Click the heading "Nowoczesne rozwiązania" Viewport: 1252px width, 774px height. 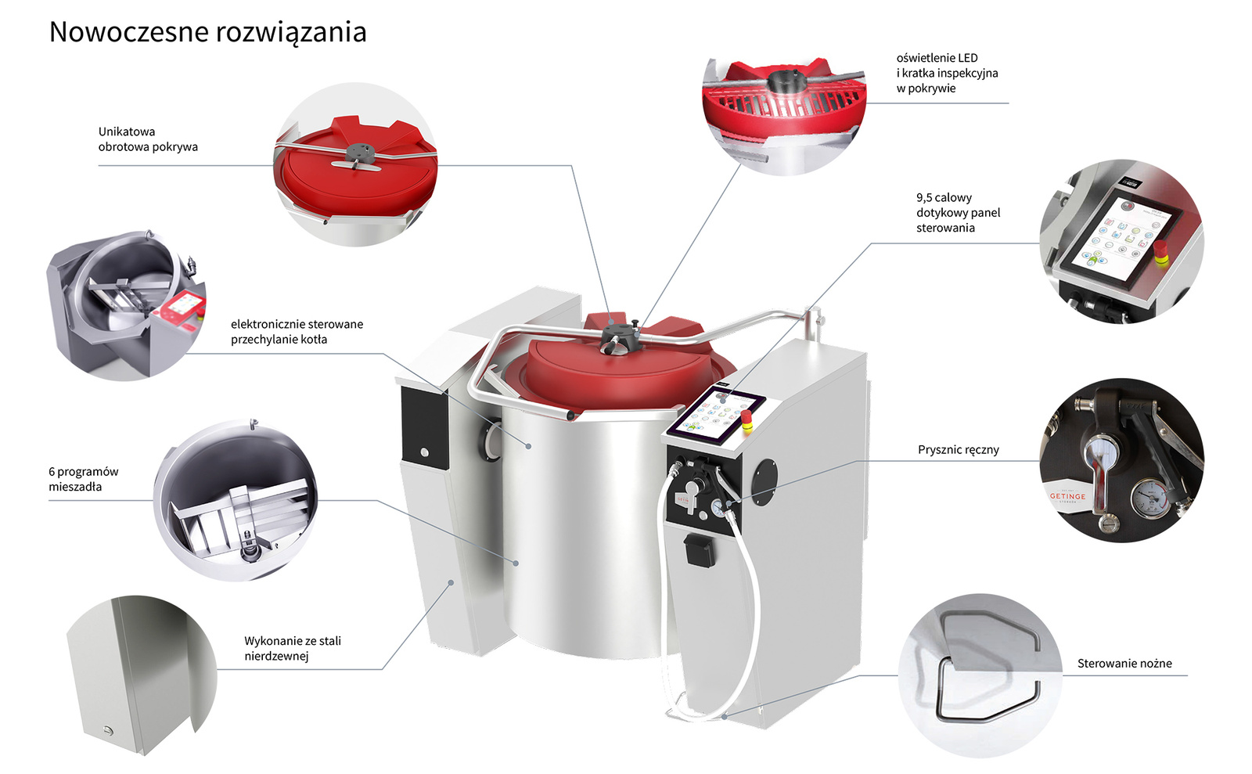coord(207,32)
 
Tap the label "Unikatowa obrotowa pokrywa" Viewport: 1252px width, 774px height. coord(148,139)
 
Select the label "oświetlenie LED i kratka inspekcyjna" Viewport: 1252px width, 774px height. coord(947,73)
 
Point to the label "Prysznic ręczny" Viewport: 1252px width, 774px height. coord(958,450)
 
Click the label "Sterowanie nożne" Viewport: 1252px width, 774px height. coord(1124,664)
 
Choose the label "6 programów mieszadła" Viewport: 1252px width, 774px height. coord(83,479)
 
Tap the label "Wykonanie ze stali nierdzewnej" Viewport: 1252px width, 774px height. coord(292,649)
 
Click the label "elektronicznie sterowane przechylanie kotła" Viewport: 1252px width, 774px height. coord(297,332)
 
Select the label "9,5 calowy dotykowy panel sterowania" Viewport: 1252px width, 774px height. coord(958,213)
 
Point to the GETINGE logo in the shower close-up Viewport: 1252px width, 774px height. coord(1067,497)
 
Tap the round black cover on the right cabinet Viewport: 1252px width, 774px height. coord(764,478)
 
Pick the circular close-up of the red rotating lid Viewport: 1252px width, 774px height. coord(355,165)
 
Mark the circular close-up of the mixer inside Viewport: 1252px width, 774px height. coord(236,501)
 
